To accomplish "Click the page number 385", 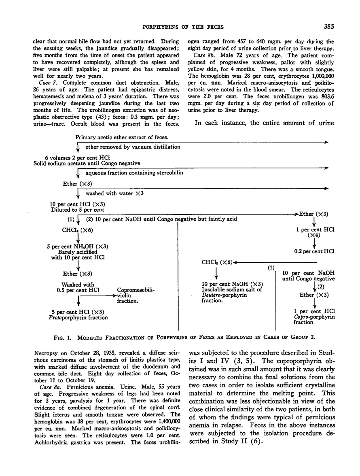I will pos(328,28).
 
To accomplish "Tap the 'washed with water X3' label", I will pos(114,193).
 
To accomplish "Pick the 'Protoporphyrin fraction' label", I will pos(77,318).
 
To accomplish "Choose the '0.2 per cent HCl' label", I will pos(313,251).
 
